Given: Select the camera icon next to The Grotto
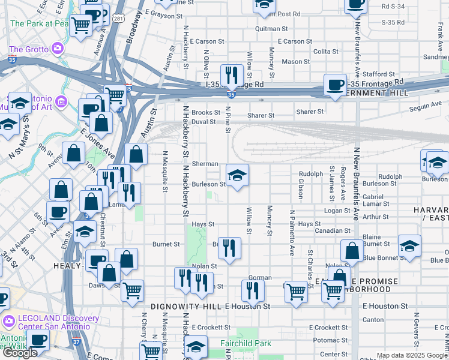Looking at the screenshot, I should click(58, 47).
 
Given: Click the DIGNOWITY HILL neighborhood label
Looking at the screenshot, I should click(186, 306).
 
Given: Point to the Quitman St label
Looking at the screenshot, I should click(268, 28).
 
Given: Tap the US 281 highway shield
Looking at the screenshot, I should click(119, 20).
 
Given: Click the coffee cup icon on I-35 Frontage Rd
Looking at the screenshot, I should click(334, 84).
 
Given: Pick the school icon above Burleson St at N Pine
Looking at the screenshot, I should click(237, 175).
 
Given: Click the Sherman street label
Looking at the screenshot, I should click(205, 164).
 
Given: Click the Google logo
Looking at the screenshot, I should click(20, 353).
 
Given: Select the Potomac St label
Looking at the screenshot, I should click(326, 340).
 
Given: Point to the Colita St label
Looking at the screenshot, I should click(325, 52).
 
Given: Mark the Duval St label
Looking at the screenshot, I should click(203, 121).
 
